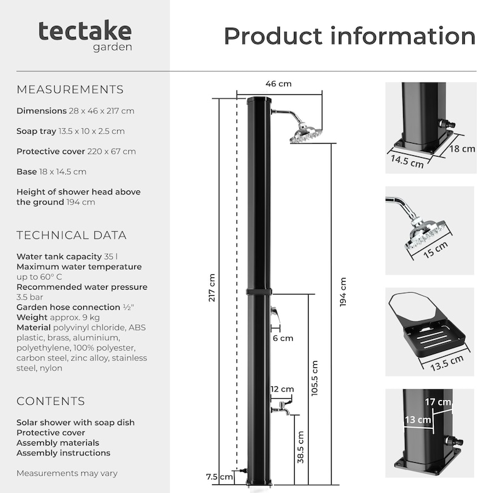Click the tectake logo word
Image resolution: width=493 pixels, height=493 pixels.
pos(85,31)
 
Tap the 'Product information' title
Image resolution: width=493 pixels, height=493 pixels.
pos(349,36)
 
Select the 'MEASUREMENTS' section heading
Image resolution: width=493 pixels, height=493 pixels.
pos(70,89)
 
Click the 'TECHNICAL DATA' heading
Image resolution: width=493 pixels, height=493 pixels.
pos(71,235)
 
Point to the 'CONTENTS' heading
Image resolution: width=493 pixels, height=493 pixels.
pos(51,401)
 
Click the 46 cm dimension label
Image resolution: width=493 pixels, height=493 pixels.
pos(279,84)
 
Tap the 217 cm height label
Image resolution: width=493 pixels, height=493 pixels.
pos(211,288)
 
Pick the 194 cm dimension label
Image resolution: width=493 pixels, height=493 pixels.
pos(343,291)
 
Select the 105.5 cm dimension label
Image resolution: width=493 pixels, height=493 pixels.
pos(314,378)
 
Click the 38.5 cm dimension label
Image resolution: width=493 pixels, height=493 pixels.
pos(301,447)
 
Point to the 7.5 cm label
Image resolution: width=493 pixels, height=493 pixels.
pos(219,476)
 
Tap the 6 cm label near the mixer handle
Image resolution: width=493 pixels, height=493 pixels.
pos(283,338)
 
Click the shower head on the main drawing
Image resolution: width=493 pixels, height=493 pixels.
pos(306,134)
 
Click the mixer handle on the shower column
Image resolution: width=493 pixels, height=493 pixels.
pos(275,315)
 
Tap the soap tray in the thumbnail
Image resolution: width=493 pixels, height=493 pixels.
pos(434,339)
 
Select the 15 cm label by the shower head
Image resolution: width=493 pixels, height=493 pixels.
pos(436,250)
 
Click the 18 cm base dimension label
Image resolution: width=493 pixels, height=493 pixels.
pos(462,149)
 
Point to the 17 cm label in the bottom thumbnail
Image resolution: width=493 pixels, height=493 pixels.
pos(438,402)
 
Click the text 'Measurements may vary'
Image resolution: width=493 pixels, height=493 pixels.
pos(67,473)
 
